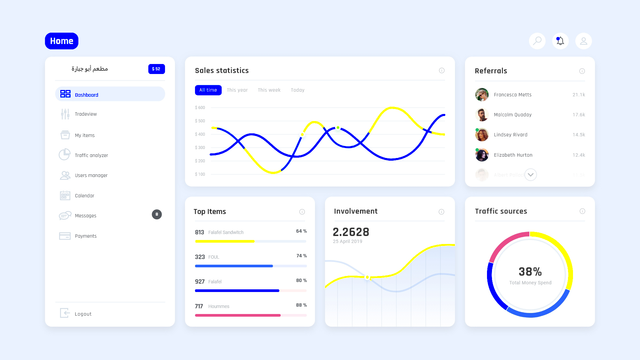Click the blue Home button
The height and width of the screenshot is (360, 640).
click(62, 41)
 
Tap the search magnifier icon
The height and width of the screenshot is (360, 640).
click(537, 41)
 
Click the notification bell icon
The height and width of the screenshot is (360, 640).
click(560, 41)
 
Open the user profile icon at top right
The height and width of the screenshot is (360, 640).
click(583, 41)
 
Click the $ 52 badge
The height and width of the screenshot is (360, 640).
click(156, 69)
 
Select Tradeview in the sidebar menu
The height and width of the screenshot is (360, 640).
click(86, 114)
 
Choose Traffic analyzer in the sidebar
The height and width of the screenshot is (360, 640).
click(91, 155)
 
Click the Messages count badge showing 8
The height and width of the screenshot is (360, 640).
click(157, 214)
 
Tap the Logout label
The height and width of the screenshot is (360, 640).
click(83, 314)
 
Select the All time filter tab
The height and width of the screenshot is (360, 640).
click(208, 90)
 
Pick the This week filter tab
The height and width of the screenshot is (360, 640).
click(269, 90)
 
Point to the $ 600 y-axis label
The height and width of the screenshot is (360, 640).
click(200, 108)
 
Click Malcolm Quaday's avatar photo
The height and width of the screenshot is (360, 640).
click(482, 115)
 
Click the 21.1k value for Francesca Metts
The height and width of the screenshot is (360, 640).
click(579, 95)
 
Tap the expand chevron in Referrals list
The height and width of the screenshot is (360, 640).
click(531, 175)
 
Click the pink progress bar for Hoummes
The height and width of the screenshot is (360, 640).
click(238, 315)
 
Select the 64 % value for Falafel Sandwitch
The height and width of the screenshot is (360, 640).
click(301, 231)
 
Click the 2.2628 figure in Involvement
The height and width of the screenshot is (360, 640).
click(351, 232)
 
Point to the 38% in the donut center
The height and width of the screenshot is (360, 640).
click(530, 272)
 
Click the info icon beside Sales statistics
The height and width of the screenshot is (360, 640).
click(442, 70)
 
